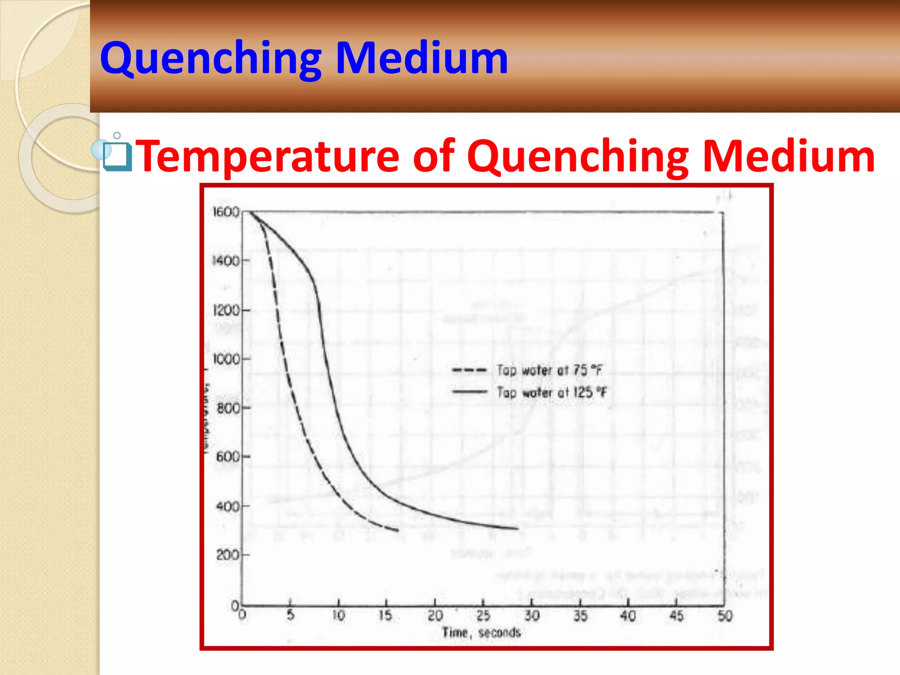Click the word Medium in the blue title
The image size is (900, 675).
[422, 58]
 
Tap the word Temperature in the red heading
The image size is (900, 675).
[269, 156]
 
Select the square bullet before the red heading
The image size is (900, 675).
[117, 156]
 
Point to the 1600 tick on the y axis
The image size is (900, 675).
[226, 212]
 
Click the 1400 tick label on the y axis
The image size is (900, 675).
[226, 261]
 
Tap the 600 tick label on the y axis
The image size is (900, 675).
[228, 457]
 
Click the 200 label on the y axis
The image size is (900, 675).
[228, 555]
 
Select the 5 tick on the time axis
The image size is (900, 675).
[290, 615]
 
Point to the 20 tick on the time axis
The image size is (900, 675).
[435, 615]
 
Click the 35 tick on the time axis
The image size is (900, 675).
[580, 615]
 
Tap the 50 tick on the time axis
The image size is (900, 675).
[725, 615]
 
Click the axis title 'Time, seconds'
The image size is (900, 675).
[481, 632]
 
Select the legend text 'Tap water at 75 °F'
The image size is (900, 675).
[549, 370]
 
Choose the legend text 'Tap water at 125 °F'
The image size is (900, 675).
[552, 392]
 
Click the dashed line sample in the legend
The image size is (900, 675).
[469, 370]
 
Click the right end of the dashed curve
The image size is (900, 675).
[398, 530]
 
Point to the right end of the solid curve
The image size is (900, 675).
[518, 528]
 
